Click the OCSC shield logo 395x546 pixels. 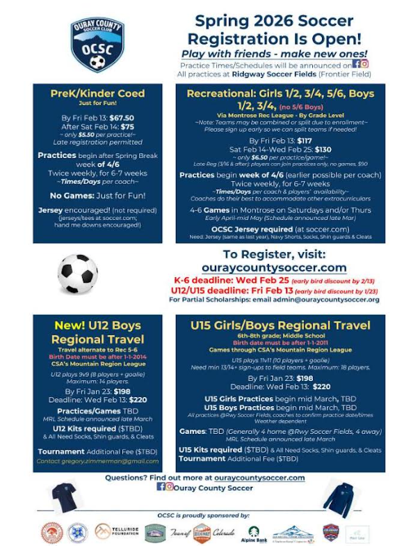pos(97,46)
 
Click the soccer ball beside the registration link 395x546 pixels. pos(77,274)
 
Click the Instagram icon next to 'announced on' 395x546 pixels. pos(364,64)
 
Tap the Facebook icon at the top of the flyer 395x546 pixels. pos(355,64)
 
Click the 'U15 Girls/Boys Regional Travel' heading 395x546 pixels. pos(281,325)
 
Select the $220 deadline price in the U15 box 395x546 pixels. pos(321,386)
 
